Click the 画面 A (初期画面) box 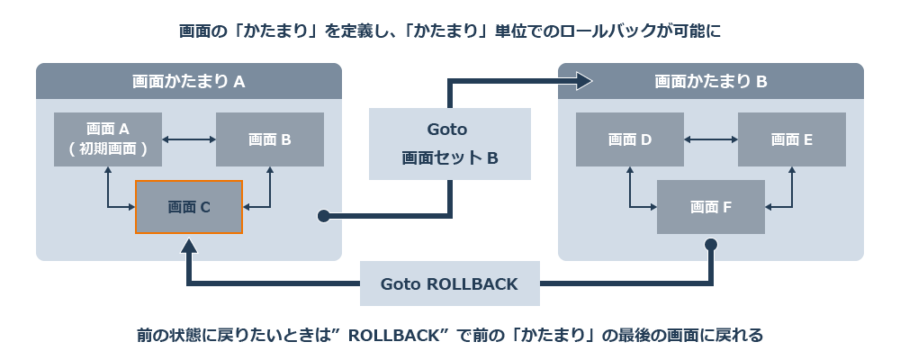pyautogui.click(x=108, y=139)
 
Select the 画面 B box pyautogui.click(x=270, y=139)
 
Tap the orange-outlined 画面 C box pyautogui.click(x=189, y=207)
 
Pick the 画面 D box pyautogui.click(x=630, y=139)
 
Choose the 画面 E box pyautogui.click(x=792, y=139)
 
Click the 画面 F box pyautogui.click(x=711, y=207)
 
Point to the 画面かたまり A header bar pyautogui.click(x=189, y=81)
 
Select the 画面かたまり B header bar pyautogui.click(x=711, y=81)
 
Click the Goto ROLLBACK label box pyautogui.click(x=449, y=284)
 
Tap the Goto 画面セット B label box pyautogui.click(x=449, y=144)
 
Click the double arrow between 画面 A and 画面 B pyautogui.click(x=189, y=139)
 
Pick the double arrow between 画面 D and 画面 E pyautogui.click(x=711, y=139)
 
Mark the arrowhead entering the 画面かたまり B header pyautogui.click(x=585, y=82)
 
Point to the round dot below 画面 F pyautogui.click(x=711, y=245)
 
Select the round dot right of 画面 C pyautogui.click(x=322, y=216)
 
